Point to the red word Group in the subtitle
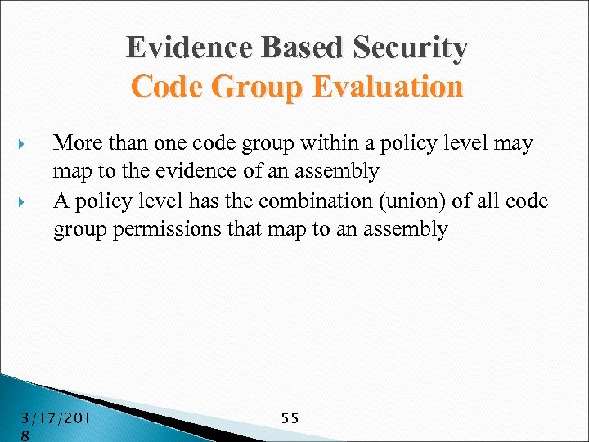coord(259,86)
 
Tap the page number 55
coord(290,418)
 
